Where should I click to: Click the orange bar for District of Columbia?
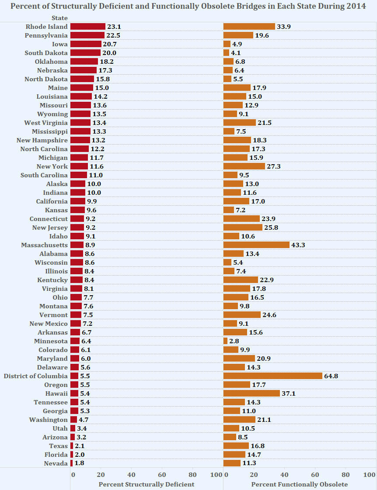[x=272, y=376]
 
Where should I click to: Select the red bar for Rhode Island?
[x=87, y=27]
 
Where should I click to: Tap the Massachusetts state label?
[x=45, y=245]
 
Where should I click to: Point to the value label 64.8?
[x=331, y=376]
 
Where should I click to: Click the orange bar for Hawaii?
[x=251, y=393]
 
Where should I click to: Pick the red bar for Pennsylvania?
[x=87, y=35]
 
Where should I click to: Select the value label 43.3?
[x=298, y=245]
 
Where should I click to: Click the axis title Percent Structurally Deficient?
[x=146, y=484]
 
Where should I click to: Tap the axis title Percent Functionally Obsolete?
[x=300, y=484]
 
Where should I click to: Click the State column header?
[x=59, y=18]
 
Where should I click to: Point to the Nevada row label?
[x=56, y=463]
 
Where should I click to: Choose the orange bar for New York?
[x=244, y=166]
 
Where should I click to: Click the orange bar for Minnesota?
[x=225, y=341]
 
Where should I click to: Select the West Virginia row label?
[x=46, y=123]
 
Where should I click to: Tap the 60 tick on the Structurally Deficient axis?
[x=162, y=475]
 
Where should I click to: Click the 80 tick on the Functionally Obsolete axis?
[x=346, y=475]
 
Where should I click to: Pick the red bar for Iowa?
[x=86, y=44]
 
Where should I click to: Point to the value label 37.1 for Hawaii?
[x=289, y=393]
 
